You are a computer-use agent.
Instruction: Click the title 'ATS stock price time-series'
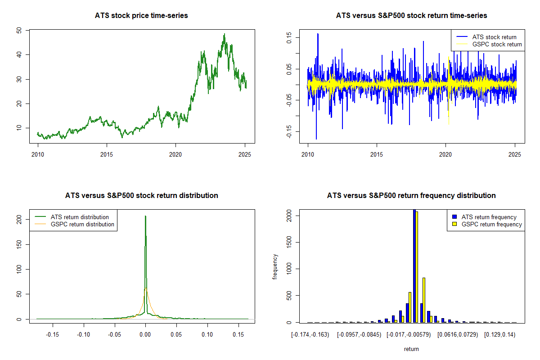141,16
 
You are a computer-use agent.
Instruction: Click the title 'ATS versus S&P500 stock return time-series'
411,16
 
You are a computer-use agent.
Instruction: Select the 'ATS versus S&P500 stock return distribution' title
141,196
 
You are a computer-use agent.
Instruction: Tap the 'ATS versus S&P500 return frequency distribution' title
411,196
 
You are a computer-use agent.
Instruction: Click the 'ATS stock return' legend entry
494,37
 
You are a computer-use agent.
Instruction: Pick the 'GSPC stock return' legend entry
497,45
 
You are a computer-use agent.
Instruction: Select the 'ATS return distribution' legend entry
80,217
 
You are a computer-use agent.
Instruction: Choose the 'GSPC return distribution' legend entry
82,224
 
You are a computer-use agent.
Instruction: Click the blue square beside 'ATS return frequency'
455,217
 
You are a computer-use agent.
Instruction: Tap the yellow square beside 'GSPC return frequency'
455,224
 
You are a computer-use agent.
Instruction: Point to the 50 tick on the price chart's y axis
18,30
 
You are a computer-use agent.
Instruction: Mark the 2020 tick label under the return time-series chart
445,154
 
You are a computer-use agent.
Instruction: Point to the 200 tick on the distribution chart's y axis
18,219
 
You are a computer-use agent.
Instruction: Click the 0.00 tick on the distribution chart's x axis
145,334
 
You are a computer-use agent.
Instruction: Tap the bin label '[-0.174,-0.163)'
310,334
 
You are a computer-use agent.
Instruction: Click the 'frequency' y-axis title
275,267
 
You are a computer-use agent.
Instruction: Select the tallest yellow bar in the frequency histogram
417,267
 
